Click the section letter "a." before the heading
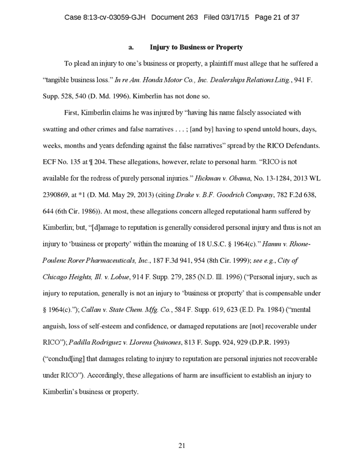tap(131, 46)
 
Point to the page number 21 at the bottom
tap(182, 445)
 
